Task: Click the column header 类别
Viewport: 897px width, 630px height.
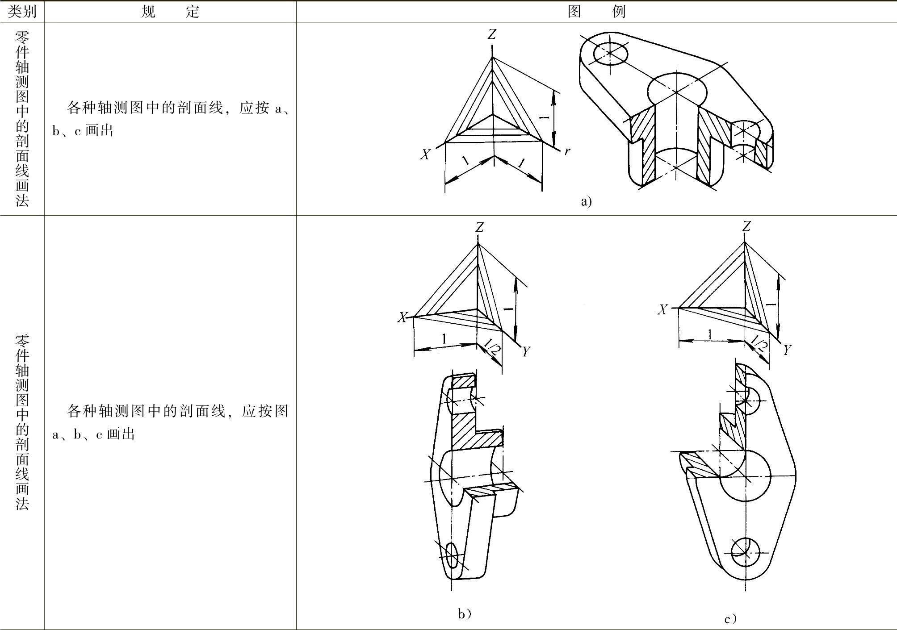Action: (22, 11)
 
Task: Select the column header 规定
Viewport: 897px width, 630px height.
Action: (170, 11)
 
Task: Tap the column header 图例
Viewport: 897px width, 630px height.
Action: (596, 11)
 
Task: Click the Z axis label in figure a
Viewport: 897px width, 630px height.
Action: (492, 34)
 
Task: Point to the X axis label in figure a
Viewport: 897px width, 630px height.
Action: (425, 154)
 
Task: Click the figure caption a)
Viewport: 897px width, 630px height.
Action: (586, 201)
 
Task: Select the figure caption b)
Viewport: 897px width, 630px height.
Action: (465, 614)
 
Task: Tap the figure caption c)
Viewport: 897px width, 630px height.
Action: (730, 619)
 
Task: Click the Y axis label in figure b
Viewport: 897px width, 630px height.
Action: (526, 352)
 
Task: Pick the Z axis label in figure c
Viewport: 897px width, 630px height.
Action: (746, 227)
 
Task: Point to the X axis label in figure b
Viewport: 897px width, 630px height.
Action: (402, 317)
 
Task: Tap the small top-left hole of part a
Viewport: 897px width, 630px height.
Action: (610, 53)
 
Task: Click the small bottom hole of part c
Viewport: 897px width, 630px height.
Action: (745, 552)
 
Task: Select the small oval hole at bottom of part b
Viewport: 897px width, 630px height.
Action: (452, 555)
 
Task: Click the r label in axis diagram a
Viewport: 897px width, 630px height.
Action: (567, 151)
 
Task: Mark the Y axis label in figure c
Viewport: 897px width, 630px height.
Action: (787, 350)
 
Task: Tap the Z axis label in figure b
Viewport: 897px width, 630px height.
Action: (479, 228)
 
